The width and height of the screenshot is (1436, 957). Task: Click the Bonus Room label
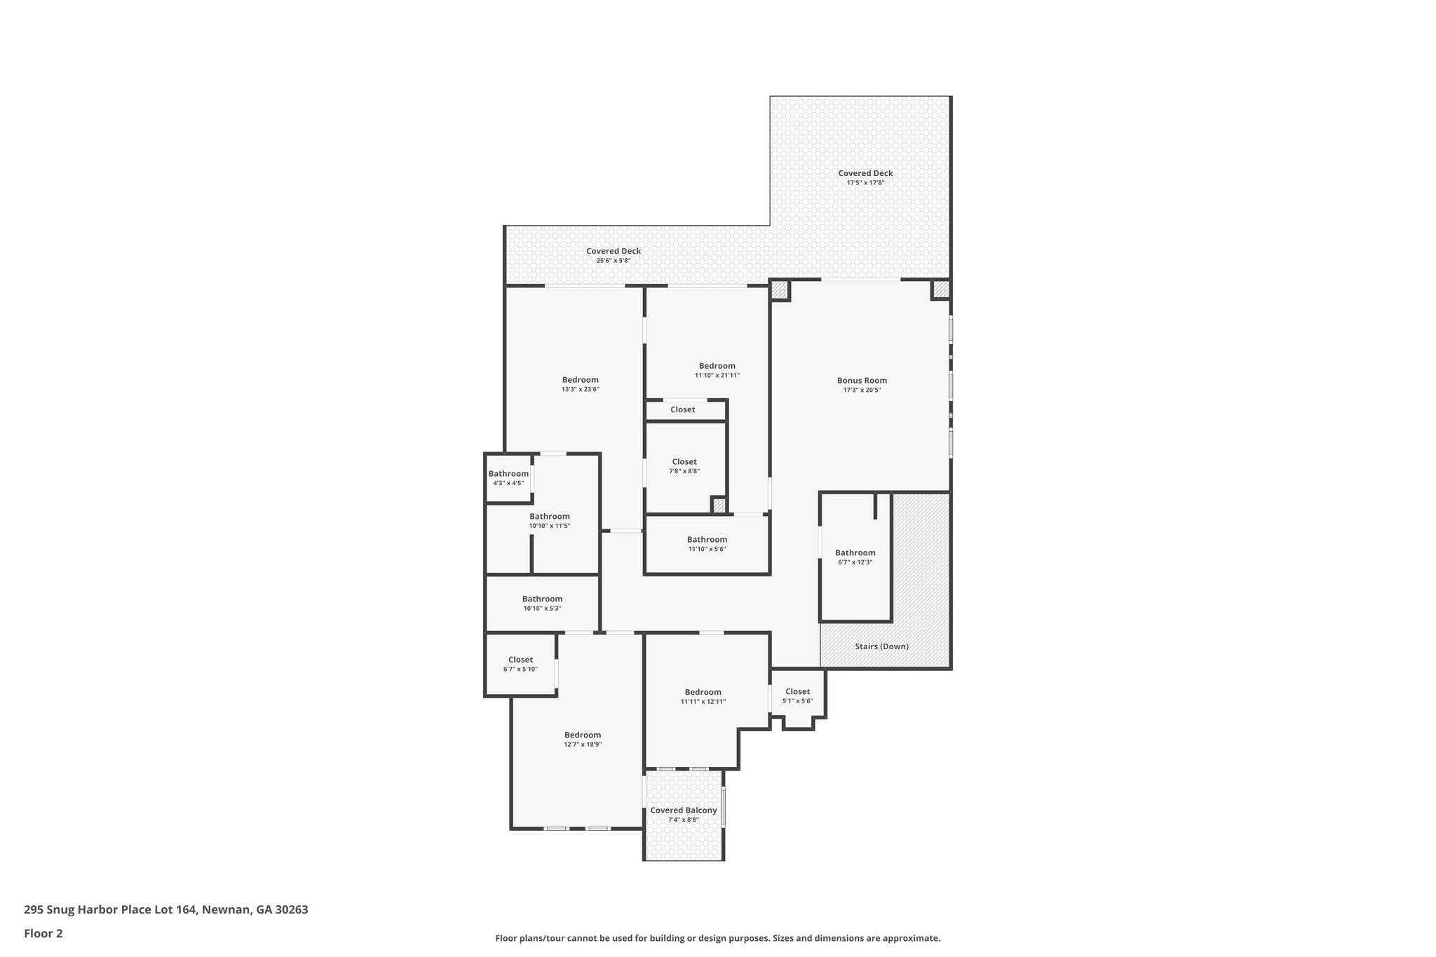862,381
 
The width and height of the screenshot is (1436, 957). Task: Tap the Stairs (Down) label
881,646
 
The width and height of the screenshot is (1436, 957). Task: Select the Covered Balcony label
684,810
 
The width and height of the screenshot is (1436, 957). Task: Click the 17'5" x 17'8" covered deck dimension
865,183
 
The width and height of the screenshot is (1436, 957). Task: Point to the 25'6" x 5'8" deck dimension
614,261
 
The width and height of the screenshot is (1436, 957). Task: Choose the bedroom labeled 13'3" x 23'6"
580,384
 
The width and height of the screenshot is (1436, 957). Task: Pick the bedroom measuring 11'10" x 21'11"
717,370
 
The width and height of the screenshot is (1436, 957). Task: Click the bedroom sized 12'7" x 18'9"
583,740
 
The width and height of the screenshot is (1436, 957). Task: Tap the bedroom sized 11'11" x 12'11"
703,696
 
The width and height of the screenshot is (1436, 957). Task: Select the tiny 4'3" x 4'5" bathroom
508,478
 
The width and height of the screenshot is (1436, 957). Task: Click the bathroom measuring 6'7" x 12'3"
855,557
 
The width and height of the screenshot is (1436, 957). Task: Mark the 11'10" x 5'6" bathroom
707,544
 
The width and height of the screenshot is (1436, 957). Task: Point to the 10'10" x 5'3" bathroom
542,604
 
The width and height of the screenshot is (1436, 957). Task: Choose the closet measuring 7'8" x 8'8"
684,466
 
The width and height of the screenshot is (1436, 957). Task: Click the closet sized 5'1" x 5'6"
797,696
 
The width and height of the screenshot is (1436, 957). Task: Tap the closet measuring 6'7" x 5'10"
520,664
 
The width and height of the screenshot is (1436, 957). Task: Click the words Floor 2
43,934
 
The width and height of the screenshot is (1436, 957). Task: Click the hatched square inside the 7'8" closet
719,505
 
